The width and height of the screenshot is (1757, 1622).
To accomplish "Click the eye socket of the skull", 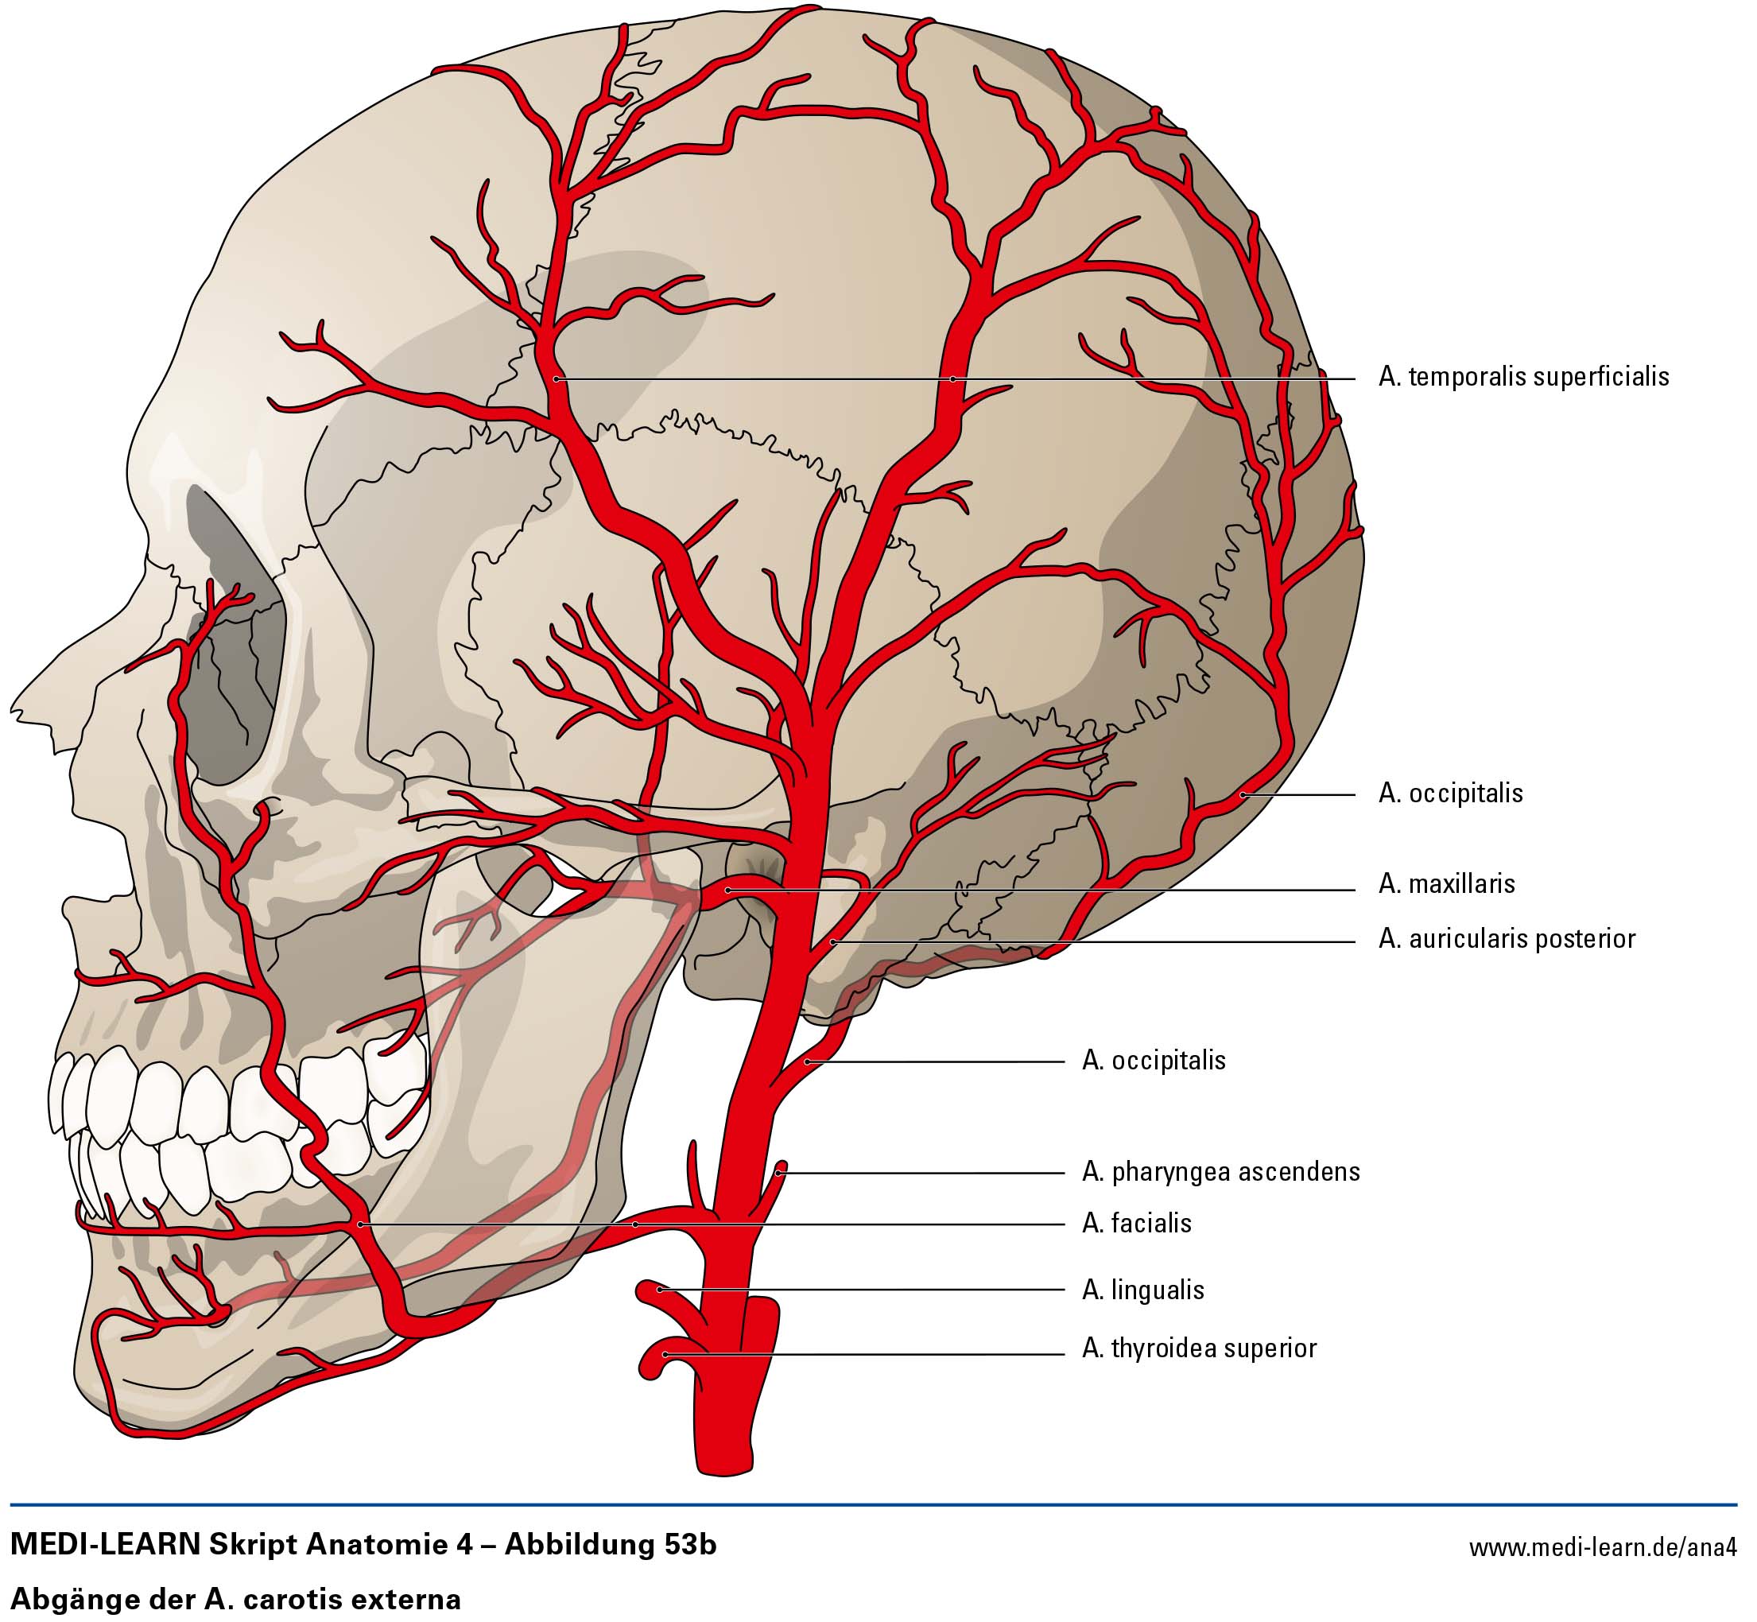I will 233,632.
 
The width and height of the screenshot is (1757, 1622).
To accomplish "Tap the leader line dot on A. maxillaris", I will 728,890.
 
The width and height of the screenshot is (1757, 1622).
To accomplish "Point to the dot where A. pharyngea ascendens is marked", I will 779,1172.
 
